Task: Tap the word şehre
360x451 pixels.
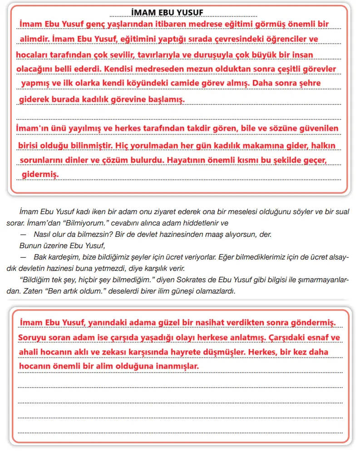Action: pos(308,83)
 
